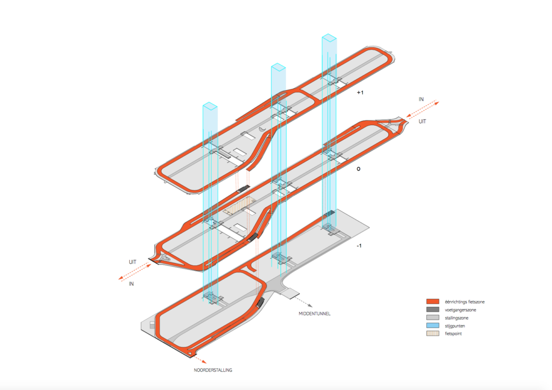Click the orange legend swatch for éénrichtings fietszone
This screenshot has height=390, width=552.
point(433,302)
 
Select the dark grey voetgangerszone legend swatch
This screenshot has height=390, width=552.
point(433,310)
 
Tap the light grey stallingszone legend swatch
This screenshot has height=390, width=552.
point(433,317)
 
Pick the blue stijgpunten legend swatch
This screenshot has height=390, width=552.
point(433,325)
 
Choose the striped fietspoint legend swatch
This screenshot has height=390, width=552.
point(433,333)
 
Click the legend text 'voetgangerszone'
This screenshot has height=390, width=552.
point(460,310)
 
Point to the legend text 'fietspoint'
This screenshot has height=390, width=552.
point(453,334)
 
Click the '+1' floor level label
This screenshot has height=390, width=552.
point(360,93)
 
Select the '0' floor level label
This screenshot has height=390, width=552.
point(358,169)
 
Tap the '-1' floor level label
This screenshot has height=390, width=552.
point(359,245)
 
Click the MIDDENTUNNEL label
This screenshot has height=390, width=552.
point(314,313)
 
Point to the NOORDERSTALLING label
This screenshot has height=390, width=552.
point(212,370)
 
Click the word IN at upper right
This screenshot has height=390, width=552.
point(421,99)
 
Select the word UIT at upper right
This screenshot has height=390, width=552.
point(422,121)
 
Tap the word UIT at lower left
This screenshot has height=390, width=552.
point(133,262)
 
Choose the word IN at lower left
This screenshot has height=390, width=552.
point(132,284)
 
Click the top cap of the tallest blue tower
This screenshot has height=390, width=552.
point(329,38)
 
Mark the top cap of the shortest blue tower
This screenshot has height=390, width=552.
point(210,106)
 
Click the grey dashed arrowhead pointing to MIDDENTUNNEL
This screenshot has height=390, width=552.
point(310,305)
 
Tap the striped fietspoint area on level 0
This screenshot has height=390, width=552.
point(239,206)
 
